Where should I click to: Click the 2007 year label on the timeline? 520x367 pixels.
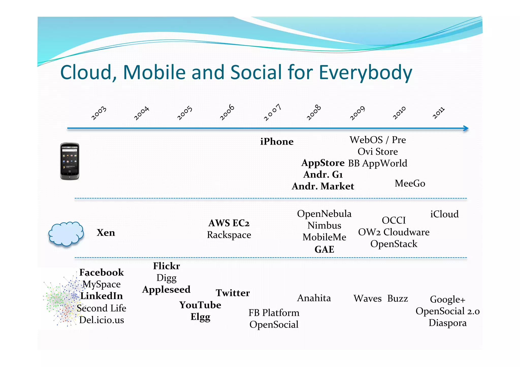point(272,112)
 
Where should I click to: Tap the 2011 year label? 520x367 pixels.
point(438,113)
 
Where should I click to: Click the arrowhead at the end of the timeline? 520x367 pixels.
point(466,128)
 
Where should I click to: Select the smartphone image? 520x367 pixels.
point(70,161)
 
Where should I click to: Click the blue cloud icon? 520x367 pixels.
point(66,234)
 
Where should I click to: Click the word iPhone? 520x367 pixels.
point(277,142)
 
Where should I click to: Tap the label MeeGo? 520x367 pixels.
point(410,183)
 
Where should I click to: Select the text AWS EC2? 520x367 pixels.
point(229,223)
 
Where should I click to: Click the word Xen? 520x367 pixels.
point(106,233)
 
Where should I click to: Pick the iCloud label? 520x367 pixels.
point(444,214)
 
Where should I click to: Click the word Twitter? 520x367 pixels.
point(233,293)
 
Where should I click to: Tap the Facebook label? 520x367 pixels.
point(102,272)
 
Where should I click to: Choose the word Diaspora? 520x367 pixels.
point(448,323)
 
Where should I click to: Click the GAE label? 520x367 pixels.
point(324,249)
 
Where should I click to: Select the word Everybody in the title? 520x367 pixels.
point(365,73)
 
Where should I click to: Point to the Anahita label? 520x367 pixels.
point(314,298)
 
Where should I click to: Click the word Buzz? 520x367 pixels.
point(398,299)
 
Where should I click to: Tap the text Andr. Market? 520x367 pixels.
point(323,186)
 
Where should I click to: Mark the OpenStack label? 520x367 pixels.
point(394,244)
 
